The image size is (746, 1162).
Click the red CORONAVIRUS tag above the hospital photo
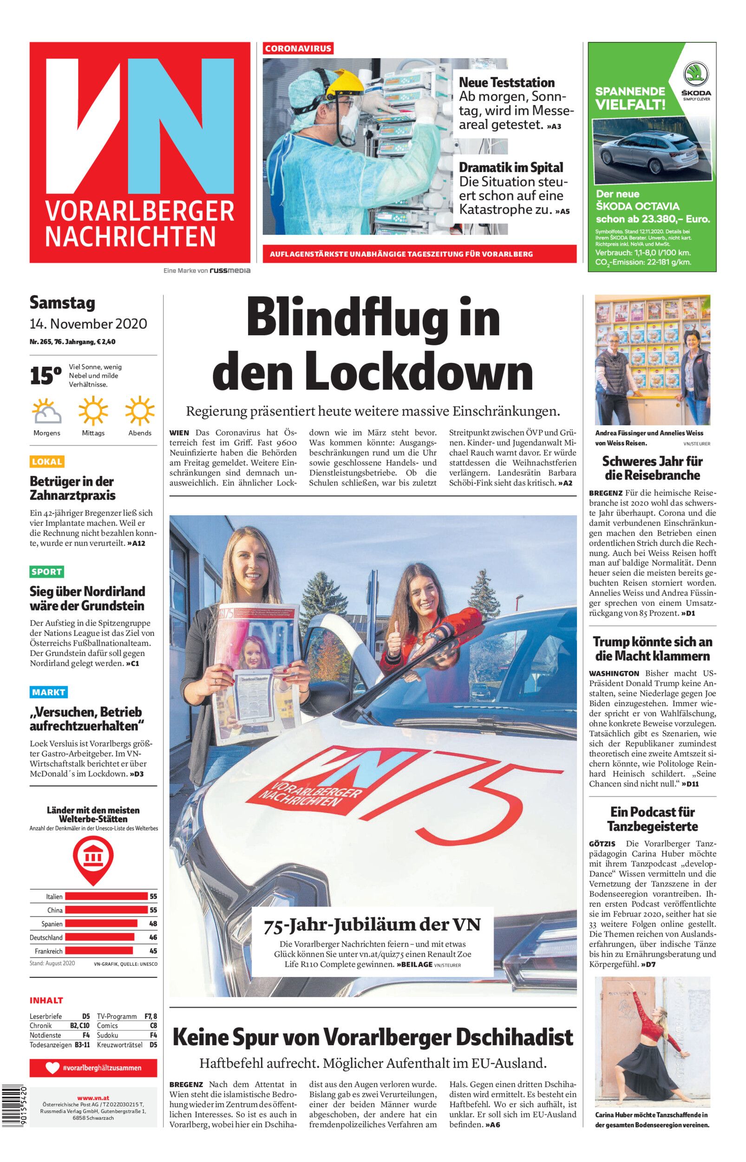298,48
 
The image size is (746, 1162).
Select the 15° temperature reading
46,376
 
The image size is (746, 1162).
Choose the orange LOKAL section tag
46,461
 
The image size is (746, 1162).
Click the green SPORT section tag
46,572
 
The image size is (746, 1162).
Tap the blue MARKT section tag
48,692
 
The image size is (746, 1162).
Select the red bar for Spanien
101,924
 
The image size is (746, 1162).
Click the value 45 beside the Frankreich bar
153,951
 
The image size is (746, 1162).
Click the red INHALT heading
46,1000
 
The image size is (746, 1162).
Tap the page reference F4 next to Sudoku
153,1035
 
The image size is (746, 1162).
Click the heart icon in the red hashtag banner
52,1068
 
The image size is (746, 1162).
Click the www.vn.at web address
93,1094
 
